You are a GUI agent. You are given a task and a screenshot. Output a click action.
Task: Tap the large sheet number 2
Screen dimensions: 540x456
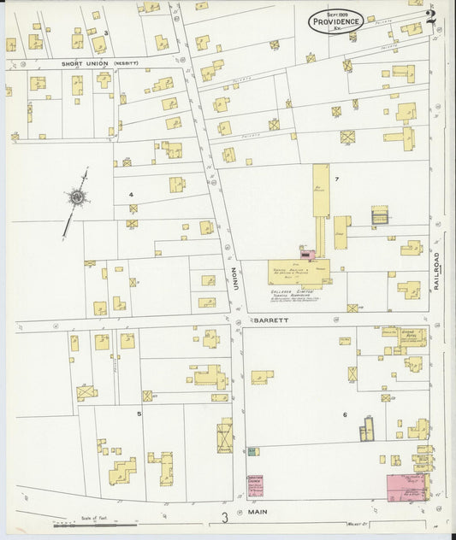430,15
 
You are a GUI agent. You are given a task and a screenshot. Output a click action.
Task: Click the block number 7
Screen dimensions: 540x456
337,179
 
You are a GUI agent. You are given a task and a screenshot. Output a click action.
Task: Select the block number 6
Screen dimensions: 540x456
345,415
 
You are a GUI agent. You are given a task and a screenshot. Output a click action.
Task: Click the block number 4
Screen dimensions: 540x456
131,195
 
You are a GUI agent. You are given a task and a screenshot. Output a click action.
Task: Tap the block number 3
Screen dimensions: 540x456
105,33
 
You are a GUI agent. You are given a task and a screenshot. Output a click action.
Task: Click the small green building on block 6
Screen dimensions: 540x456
252,451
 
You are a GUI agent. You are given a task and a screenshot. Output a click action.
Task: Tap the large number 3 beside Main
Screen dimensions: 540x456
225,517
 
